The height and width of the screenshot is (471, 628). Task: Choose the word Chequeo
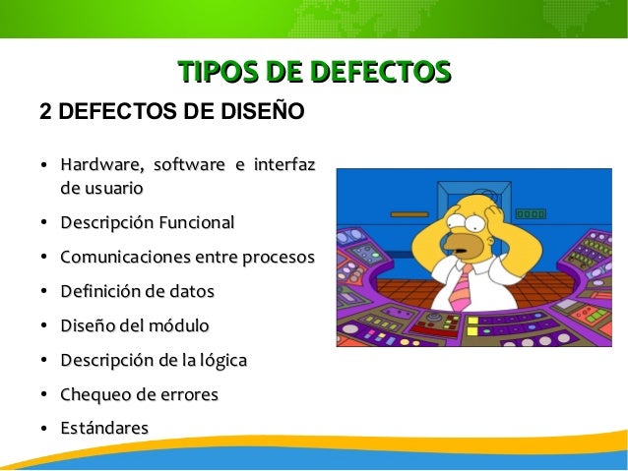pyautogui.click(x=94, y=394)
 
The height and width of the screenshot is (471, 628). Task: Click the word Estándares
pyautogui.click(x=104, y=428)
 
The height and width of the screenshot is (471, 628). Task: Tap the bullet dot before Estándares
pyautogui.click(x=45, y=429)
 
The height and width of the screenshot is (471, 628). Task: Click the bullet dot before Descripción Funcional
pyautogui.click(x=45, y=224)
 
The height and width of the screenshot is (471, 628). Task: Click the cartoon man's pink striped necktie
pyautogui.click(x=461, y=285)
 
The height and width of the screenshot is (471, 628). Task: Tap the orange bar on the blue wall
pyautogui.click(x=408, y=213)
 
